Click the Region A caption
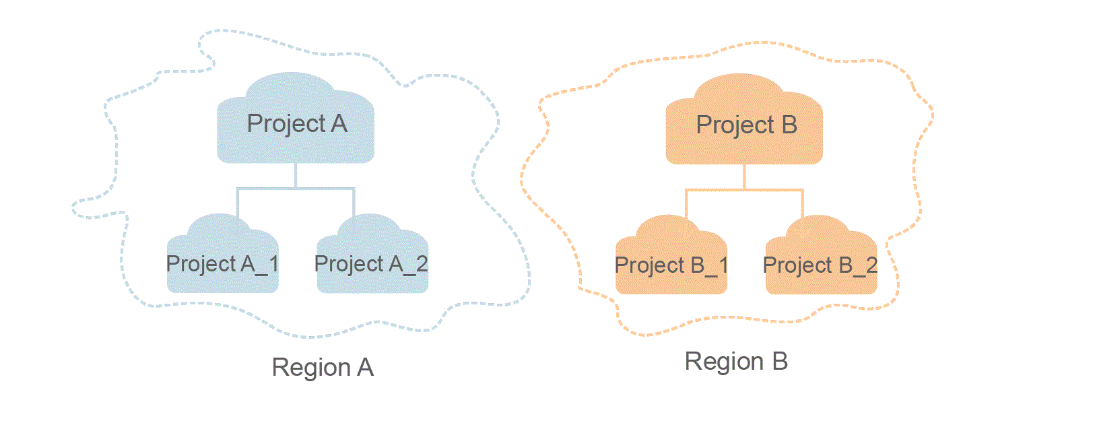click(x=323, y=368)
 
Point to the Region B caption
click(x=736, y=362)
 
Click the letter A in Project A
click(x=339, y=124)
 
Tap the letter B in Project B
click(x=789, y=125)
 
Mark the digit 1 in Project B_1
click(x=723, y=265)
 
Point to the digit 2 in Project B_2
click(x=871, y=265)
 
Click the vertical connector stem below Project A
click(x=296, y=175)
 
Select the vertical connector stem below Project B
click(x=744, y=176)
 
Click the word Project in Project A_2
click(x=349, y=264)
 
